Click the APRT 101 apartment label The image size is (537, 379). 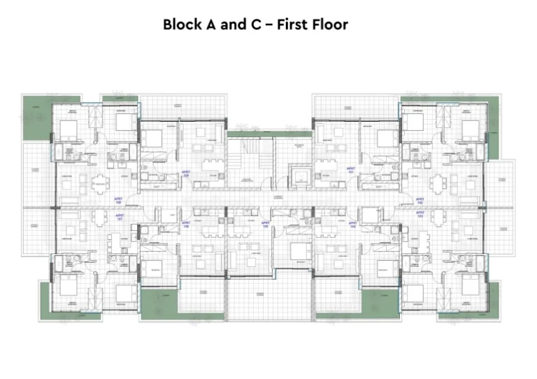[x=351, y=170]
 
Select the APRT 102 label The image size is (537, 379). [x=420, y=198]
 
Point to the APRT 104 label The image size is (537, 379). [x=352, y=225]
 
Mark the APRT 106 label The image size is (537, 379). [x=186, y=225]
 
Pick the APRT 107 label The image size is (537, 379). [x=118, y=217]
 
